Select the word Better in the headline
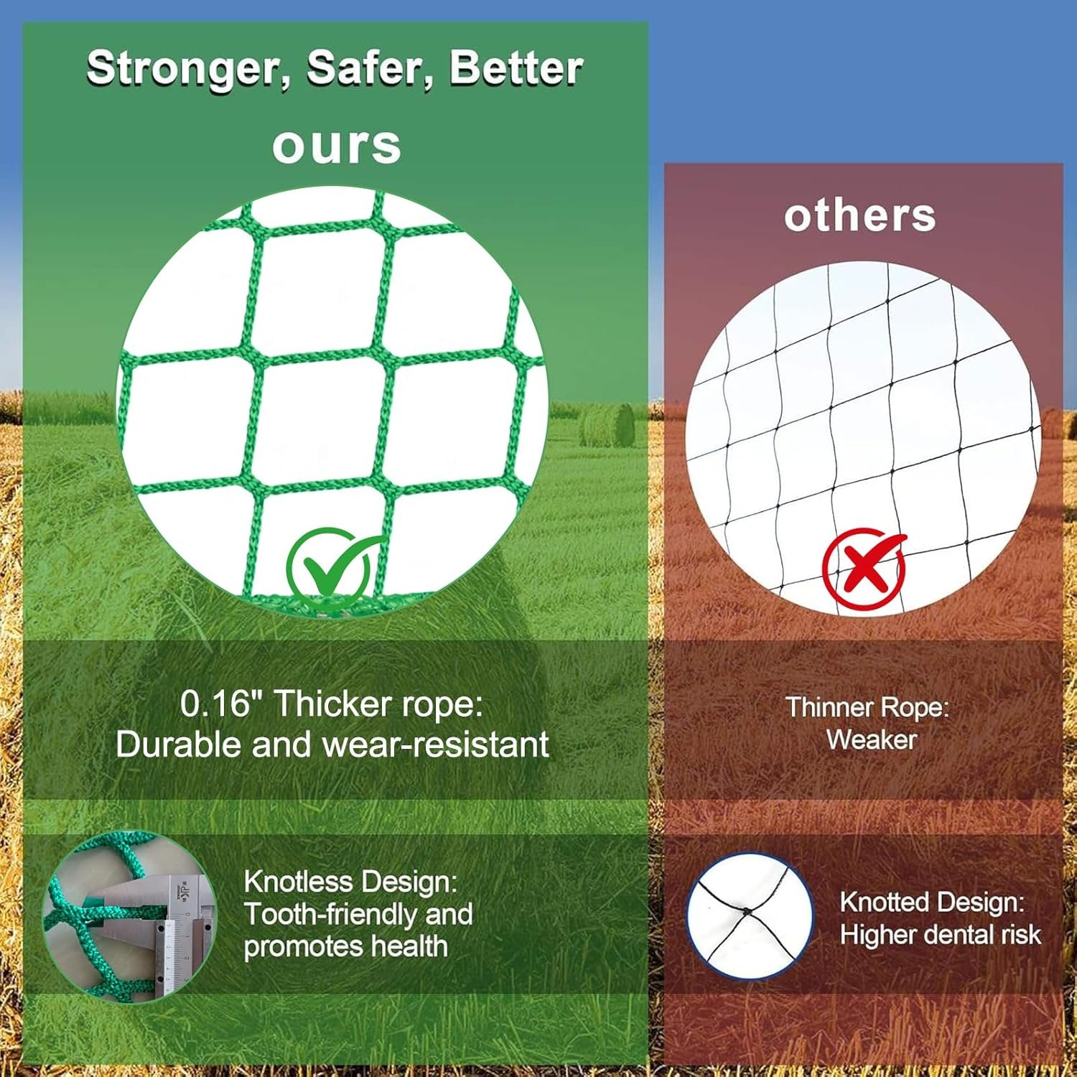(516, 68)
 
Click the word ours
(336, 146)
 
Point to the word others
(859, 215)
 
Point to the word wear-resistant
(436, 745)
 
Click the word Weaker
(871, 740)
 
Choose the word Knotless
(300, 882)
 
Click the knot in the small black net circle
(747, 912)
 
